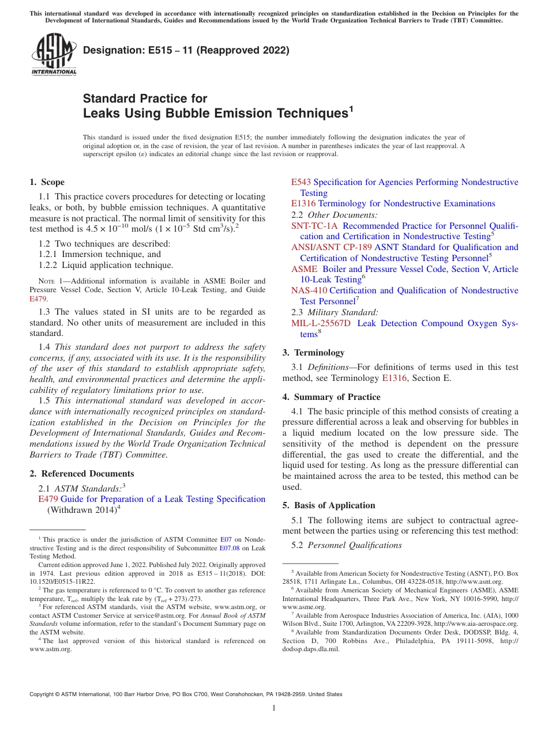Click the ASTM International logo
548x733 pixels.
coord(53,55)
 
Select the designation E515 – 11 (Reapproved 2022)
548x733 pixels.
coord(186,51)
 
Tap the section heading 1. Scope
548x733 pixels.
coord(47,182)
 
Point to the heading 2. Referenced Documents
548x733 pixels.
coord(81,474)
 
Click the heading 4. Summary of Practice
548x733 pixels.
coord(331,397)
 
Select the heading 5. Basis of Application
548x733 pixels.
coord(329,505)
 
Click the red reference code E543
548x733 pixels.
coord(301,182)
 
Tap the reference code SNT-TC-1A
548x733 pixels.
coord(314,226)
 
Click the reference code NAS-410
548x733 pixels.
coord(309,290)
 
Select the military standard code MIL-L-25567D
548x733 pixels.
coord(321,323)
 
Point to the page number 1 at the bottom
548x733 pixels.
coord(273,708)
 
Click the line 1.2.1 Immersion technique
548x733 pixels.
coord(100,254)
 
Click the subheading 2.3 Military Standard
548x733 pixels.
coord(335,312)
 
